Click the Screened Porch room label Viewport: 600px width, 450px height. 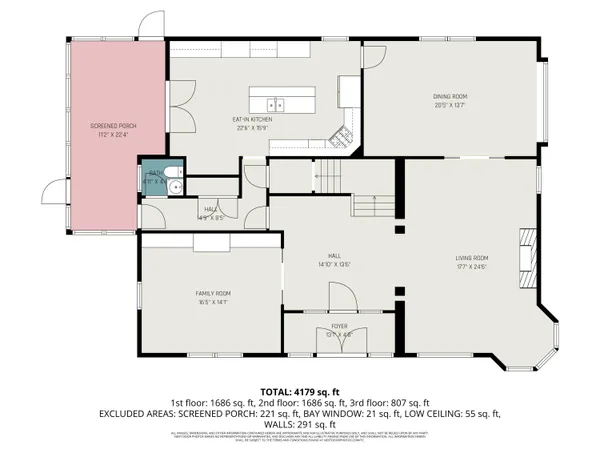coord(113,126)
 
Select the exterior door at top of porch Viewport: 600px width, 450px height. coord(150,25)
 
